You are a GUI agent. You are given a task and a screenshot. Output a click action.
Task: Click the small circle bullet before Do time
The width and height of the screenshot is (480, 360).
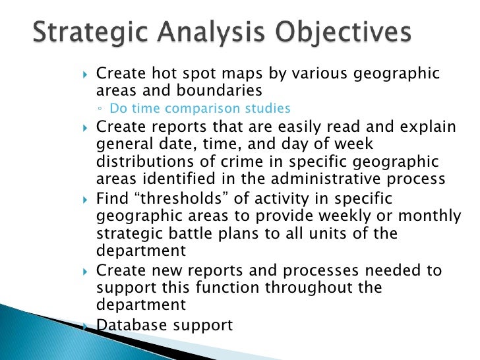click(x=98, y=109)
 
